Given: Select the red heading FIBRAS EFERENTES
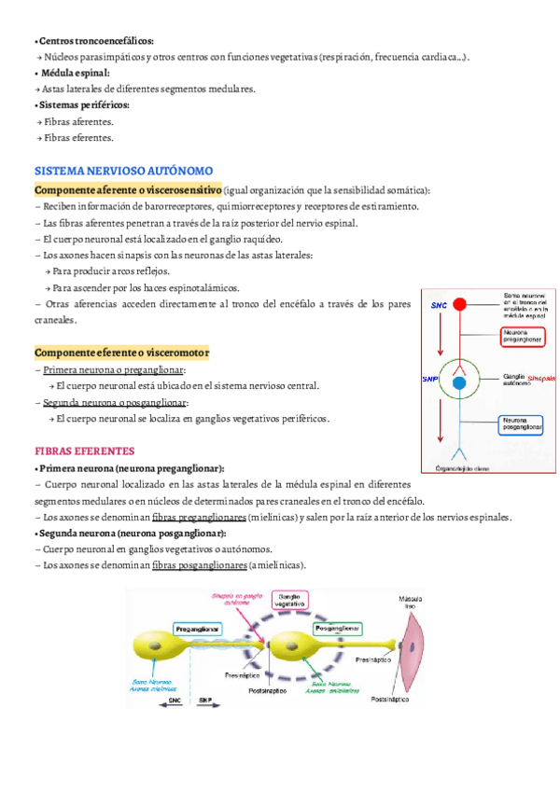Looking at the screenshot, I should click(85, 451).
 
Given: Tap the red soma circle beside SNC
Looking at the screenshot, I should click(459, 304).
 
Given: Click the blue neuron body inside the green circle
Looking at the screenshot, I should click(458, 382).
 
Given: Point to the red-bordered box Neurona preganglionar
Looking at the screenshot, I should click(525, 335).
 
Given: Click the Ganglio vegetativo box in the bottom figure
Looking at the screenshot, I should click(292, 603).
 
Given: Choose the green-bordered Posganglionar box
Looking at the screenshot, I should click(335, 630).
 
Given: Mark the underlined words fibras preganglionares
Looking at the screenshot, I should click(199, 517).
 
